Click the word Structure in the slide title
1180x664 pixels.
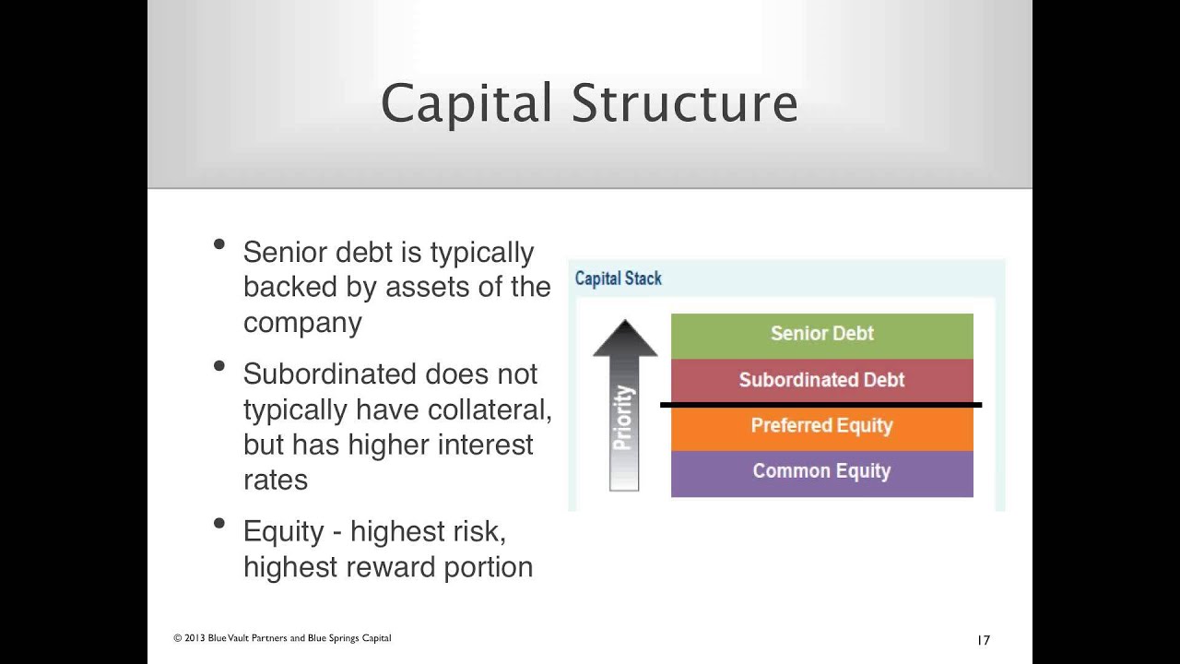pyautogui.click(x=685, y=103)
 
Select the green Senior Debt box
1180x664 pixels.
pyautogui.click(x=821, y=335)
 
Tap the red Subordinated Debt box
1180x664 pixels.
pyautogui.click(x=821, y=380)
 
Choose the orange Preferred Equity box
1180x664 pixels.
pyautogui.click(x=821, y=427)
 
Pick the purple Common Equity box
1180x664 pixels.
pyautogui.click(x=821, y=472)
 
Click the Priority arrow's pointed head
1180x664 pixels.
pyautogui.click(x=625, y=338)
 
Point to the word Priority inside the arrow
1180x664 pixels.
pyautogui.click(x=624, y=418)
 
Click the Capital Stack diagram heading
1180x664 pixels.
pyautogui.click(x=618, y=279)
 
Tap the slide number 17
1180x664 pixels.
pyautogui.click(x=983, y=640)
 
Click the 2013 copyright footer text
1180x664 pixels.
pyautogui.click(x=282, y=638)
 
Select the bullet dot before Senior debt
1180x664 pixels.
pyautogui.click(x=219, y=244)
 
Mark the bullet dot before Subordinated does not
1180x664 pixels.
pyautogui.click(x=219, y=366)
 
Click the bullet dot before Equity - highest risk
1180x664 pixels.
pyautogui.click(x=219, y=524)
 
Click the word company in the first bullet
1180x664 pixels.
pyautogui.click(x=302, y=323)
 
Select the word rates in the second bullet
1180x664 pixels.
pyautogui.click(x=275, y=480)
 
